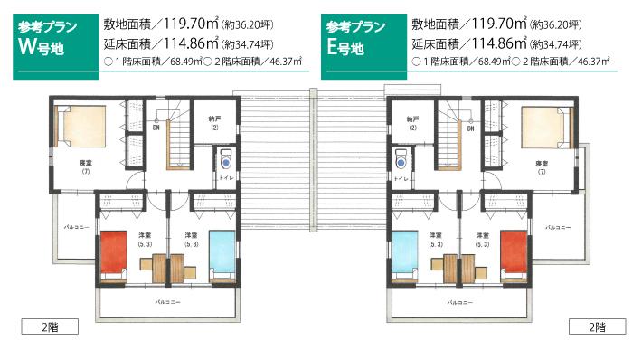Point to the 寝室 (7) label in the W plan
click(x=85, y=166)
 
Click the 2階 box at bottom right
click(x=596, y=327)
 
